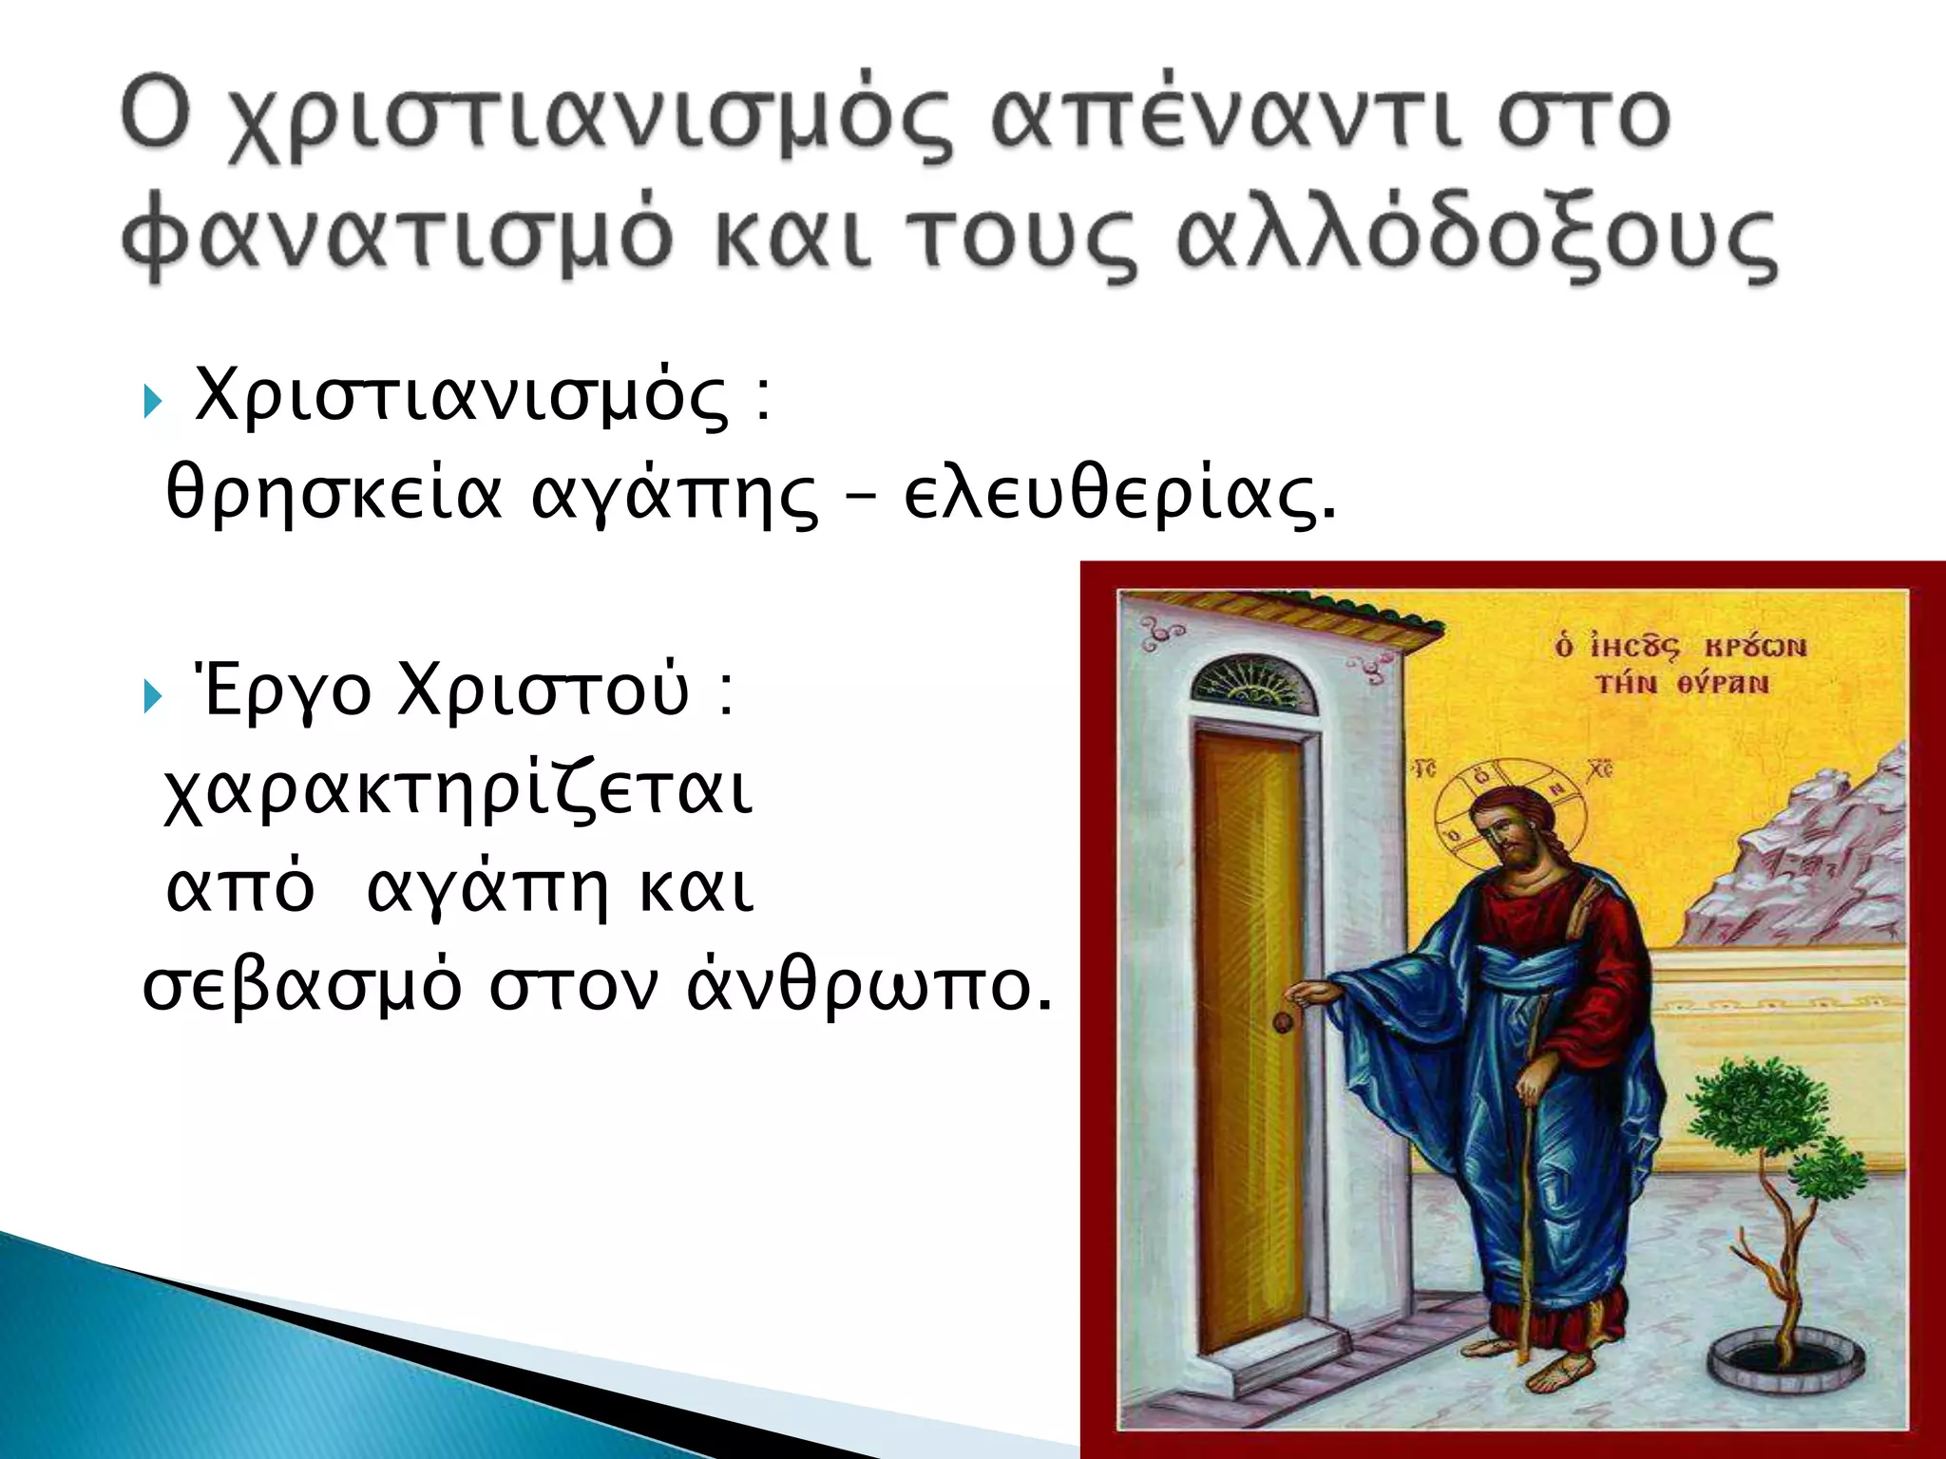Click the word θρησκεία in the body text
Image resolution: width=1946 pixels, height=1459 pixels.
[333, 495]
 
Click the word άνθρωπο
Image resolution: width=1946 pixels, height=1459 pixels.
[869, 988]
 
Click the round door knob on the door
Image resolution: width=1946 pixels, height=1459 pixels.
[1283, 1022]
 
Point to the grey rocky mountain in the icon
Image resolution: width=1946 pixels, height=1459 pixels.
[1805, 855]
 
